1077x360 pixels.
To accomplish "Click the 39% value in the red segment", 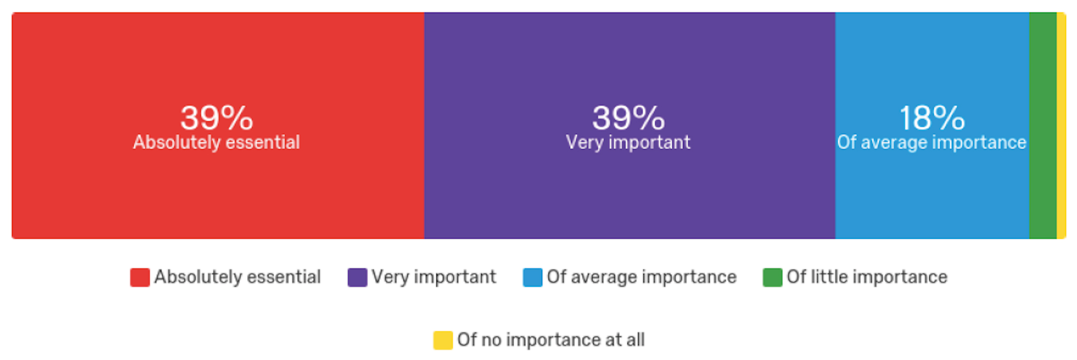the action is click(x=216, y=118).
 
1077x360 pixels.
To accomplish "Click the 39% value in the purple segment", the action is click(x=629, y=118).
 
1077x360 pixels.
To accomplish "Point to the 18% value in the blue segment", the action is click(x=932, y=118).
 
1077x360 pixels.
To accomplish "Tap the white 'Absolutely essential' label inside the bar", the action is click(x=216, y=143).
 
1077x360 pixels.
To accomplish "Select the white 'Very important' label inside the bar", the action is click(x=628, y=143).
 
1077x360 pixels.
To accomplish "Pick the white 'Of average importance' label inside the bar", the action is click(x=932, y=143).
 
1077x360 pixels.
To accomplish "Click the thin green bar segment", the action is click(x=1043, y=126).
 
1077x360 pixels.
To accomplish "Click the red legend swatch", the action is click(x=140, y=277).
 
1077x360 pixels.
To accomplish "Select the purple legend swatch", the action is click(x=357, y=277).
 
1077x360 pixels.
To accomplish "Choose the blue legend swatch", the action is click(x=532, y=277).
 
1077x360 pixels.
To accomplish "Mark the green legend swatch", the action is click(x=772, y=277).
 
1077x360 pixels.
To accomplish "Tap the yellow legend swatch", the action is click(x=443, y=340).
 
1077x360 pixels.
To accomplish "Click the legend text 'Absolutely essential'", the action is click(x=237, y=277).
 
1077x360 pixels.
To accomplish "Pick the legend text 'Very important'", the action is click(x=434, y=277).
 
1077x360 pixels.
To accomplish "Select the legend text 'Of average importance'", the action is click(x=642, y=277).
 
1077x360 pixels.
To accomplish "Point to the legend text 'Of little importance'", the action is click(x=867, y=277).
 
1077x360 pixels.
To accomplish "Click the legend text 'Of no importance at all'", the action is click(x=551, y=340).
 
